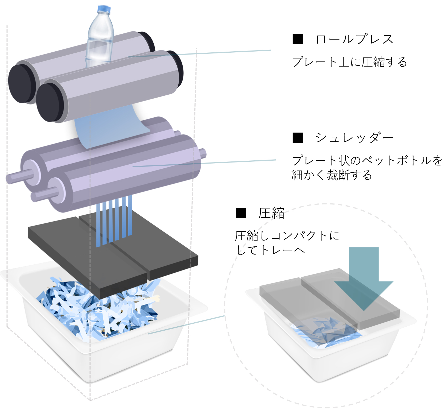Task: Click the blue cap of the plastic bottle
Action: tap(104, 9)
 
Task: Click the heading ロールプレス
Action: tap(354, 39)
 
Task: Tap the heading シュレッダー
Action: tap(354, 138)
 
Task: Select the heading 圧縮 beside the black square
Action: tap(271, 213)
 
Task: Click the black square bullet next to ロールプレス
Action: tap(298, 39)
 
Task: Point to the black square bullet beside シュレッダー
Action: tap(298, 138)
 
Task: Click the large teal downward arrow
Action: tap(364, 278)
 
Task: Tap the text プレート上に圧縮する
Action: tap(349, 62)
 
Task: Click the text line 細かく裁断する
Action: tap(332, 175)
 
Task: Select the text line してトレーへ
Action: tap(271, 250)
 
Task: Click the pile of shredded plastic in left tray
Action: tap(99, 310)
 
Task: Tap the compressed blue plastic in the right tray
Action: tap(325, 333)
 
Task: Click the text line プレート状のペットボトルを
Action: tap(367, 160)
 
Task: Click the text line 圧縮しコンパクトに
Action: tap(287, 235)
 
